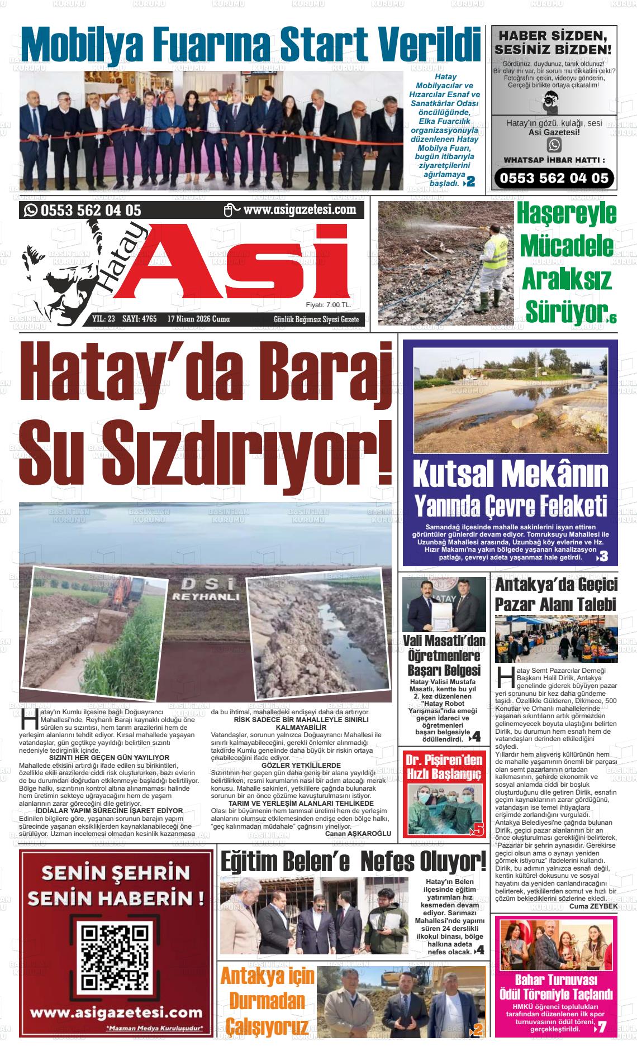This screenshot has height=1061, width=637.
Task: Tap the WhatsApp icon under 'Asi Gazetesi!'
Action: (554, 145)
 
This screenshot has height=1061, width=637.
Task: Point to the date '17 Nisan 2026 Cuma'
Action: (198, 319)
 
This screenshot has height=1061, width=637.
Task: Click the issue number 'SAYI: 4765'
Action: (139, 319)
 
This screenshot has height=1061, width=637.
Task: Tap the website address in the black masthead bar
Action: (300, 210)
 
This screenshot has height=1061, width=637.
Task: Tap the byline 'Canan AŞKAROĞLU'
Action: (358, 833)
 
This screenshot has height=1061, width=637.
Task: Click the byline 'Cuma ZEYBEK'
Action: (593, 906)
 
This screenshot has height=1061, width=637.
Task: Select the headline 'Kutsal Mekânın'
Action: (510, 475)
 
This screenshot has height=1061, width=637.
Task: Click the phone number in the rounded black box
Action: (554, 178)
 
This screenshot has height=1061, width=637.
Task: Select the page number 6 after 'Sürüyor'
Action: (613, 319)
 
